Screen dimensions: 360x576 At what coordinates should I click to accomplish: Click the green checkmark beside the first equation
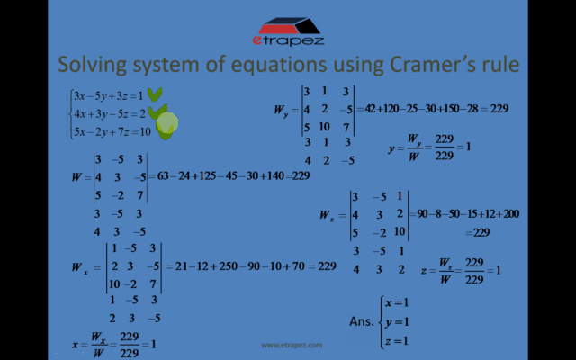point(155,94)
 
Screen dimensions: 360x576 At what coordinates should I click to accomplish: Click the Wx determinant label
point(78,267)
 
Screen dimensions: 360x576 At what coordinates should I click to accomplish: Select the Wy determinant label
point(281,110)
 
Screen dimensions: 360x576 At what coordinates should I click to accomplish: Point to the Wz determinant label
point(327,216)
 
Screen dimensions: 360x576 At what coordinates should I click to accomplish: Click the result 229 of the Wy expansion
point(499,109)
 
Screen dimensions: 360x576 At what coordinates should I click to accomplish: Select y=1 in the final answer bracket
point(397,321)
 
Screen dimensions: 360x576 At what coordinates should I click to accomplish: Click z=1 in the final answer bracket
point(397,340)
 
